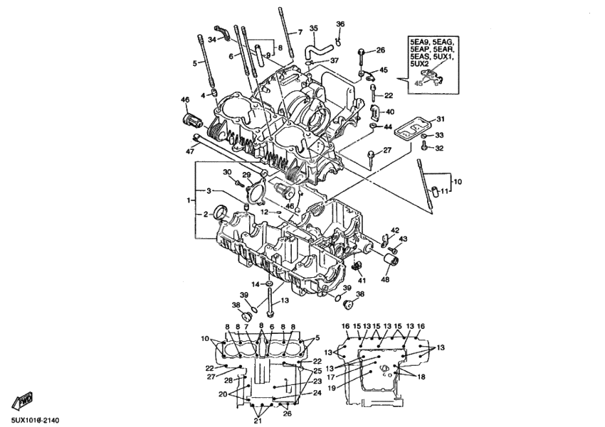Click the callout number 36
coord(340,24)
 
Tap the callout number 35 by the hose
coord(314,28)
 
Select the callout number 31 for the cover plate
coord(440,119)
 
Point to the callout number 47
coord(190,151)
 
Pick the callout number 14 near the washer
coord(254,284)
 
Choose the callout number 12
coord(264,212)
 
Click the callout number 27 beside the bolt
coord(387,150)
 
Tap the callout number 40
coord(389,112)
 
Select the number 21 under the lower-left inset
coord(258,421)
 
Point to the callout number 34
coord(211,39)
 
